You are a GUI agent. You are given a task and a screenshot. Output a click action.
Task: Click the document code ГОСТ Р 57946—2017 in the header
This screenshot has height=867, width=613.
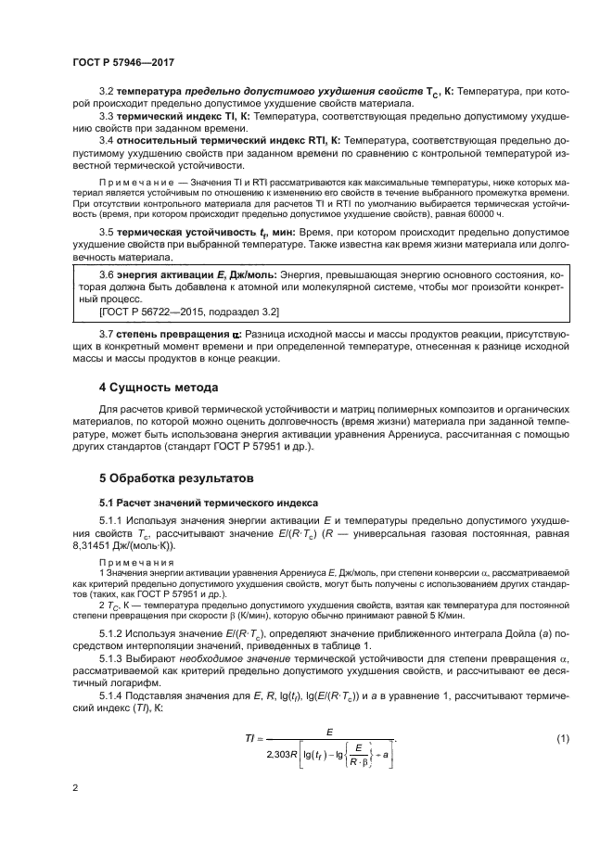(x=122, y=61)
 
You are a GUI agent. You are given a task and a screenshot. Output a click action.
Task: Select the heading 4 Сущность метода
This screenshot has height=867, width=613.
(x=159, y=387)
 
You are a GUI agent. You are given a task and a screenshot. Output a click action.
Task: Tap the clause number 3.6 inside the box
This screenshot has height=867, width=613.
(x=107, y=276)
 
